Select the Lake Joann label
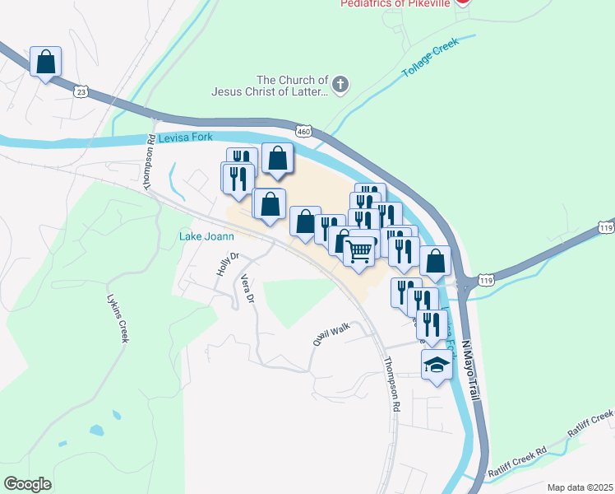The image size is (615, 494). click(x=202, y=238)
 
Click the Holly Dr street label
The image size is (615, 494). click(x=222, y=263)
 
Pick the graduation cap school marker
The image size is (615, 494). click(x=437, y=364)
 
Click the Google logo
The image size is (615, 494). click(x=27, y=484)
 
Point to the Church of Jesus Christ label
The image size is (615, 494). click(x=270, y=86)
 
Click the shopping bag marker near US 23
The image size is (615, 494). click(x=46, y=61)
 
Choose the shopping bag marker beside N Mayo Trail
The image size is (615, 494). click(x=435, y=261)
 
